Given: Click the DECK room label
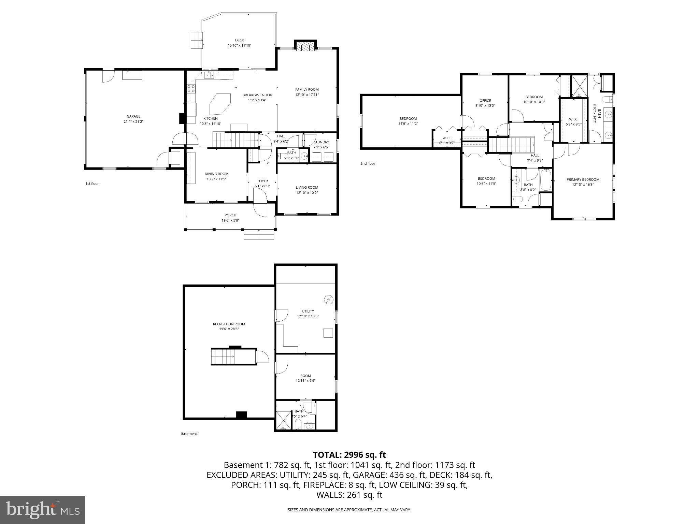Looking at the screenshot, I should tap(239, 40).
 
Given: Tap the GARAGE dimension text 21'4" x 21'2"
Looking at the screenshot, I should tap(133, 121).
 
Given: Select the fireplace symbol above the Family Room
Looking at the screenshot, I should tap(305, 46).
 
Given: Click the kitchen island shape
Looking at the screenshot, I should tap(220, 104).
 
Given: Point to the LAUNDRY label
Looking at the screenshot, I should tap(321, 142).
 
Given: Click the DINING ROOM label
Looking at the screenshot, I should tap(216, 174).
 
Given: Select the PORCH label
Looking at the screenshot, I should tap(230, 215).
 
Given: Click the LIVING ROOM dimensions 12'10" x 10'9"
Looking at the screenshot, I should tap(307, 193).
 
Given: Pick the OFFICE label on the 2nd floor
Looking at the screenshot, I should tap(485, 101).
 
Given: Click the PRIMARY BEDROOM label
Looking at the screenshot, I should tap(583, 179).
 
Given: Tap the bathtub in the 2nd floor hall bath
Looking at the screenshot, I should tap(545, 180).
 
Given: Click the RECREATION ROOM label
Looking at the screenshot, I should tap(229, 324).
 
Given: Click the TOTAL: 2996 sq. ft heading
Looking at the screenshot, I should tap(349, 455).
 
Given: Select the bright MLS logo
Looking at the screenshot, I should tap(43, 510).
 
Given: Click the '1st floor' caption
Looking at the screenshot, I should tap(92, 184).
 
